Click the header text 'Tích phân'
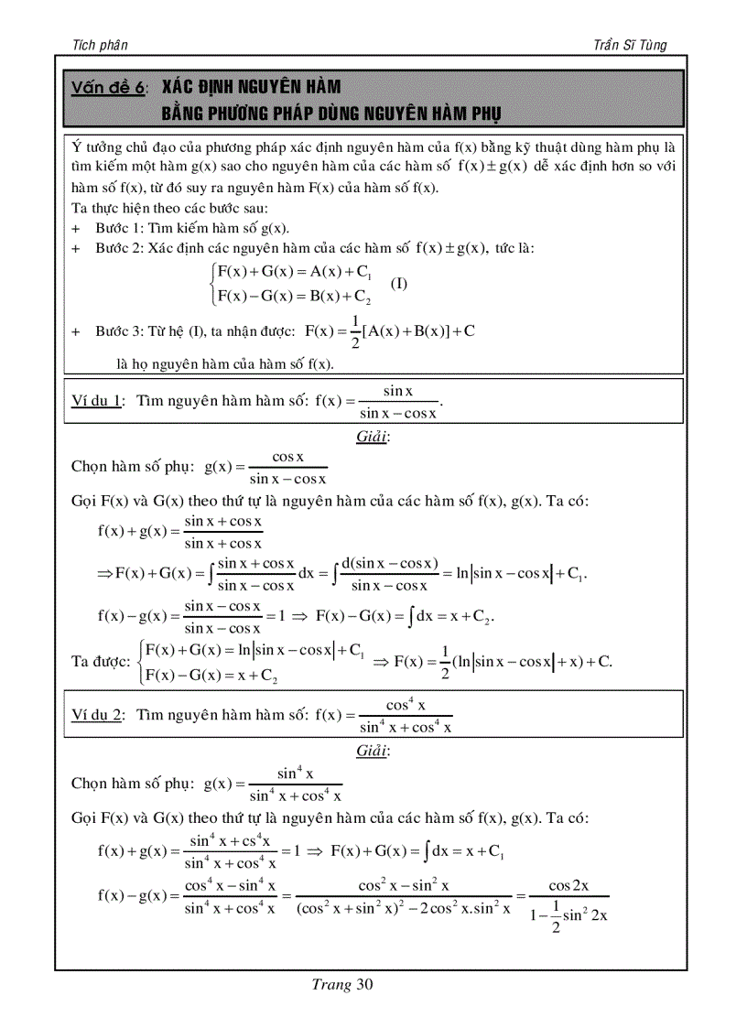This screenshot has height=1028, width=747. [99, 45]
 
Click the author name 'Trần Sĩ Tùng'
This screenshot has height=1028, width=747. [631, 45]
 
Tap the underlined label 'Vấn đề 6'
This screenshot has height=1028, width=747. [108, 89]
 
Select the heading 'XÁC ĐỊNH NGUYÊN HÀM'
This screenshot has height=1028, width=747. [251, 88]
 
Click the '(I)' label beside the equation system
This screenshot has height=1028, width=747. [399, 284]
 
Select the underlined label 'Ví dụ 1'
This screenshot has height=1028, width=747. [97, 400]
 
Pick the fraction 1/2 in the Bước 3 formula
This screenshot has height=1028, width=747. [354, 331]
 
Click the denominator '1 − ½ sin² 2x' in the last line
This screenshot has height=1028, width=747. [568, 912]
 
